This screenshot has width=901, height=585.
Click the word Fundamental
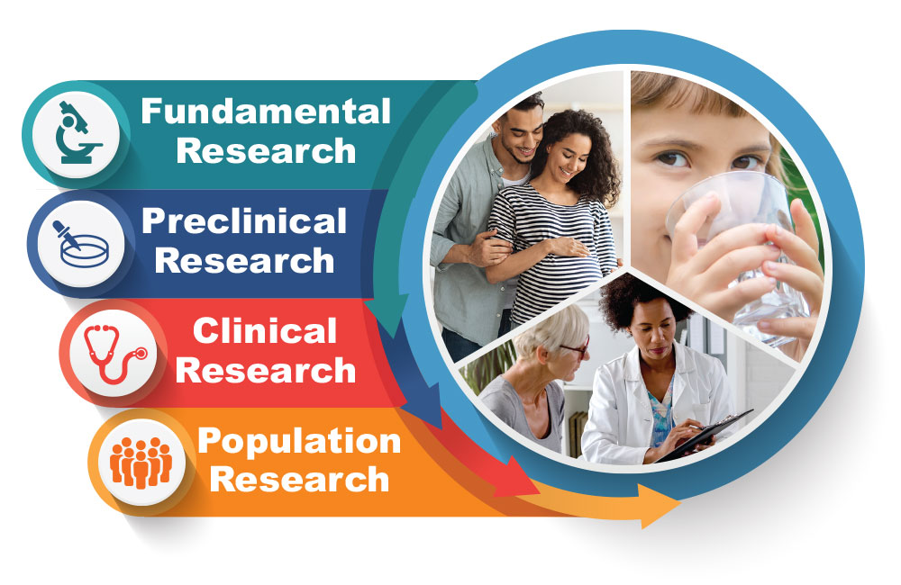(x=266, y=112)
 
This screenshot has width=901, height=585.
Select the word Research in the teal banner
(x=266, y=150)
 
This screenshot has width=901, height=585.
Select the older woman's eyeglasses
(x=573, y=346)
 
